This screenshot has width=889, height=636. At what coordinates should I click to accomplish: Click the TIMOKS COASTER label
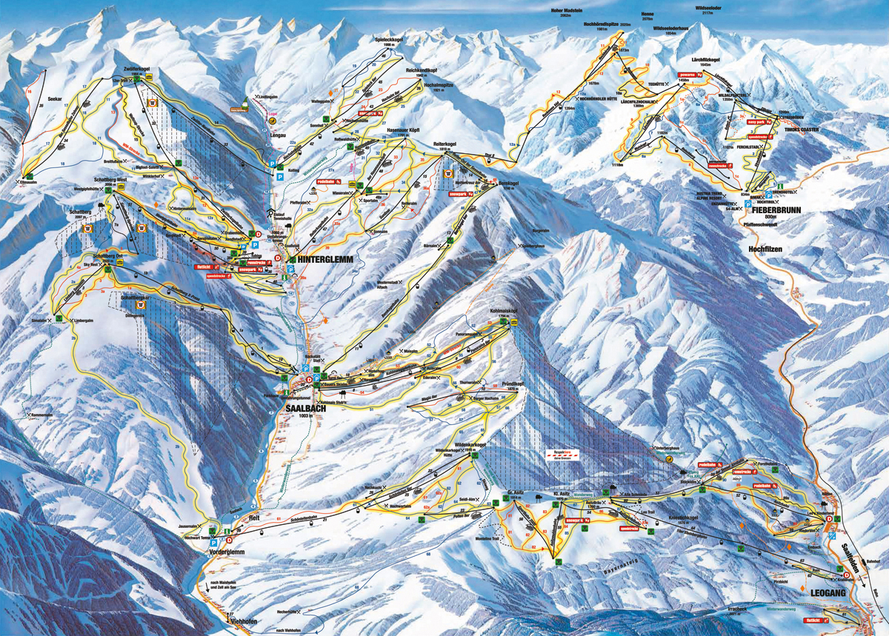click(799, 128)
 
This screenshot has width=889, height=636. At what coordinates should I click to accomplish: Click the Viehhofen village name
click(242, 622)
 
